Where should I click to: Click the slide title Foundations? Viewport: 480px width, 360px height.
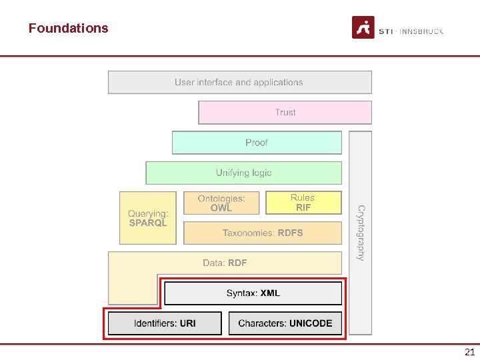[68, 28]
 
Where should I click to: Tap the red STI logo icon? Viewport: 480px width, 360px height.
[363, 27]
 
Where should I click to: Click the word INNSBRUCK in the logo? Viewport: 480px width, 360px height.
[421, 31]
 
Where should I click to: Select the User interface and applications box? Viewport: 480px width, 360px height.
[239, 83]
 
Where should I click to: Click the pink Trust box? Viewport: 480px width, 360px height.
[285, 113]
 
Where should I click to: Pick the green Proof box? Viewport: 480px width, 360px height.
[257, 143]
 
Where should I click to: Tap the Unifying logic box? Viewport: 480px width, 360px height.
[243, 173]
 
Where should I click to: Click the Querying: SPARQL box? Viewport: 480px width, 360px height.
[148, 218]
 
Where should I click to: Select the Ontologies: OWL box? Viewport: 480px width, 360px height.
[221, 203]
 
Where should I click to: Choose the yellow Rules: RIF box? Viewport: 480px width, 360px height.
[303, 203]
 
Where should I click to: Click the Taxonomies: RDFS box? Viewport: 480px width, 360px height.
[263, 233]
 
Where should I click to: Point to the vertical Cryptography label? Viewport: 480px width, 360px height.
[361, 233]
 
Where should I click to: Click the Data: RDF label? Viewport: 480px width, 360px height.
[225, 263]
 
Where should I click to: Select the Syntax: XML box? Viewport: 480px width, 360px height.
[253, 293]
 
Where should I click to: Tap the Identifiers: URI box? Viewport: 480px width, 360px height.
[165, 323]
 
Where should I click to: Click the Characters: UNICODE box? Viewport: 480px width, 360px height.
[285, 323]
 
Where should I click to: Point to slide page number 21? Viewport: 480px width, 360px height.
[469, 352]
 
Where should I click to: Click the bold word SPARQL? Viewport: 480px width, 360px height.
[148, 223]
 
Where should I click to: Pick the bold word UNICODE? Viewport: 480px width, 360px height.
[311, 323]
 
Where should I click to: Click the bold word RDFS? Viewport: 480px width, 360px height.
[290, 233]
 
